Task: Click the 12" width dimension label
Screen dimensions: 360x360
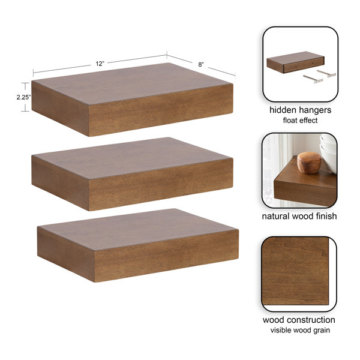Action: [x=100, y=64]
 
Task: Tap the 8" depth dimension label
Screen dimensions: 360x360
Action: [x=201, y=65]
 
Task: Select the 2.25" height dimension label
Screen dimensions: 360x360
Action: [x=23, y=97]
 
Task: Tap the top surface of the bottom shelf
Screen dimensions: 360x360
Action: [x=139, y=229]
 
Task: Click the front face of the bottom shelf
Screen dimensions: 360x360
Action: [x=166, y=256]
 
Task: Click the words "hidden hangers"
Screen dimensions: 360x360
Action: [x=301, y=110]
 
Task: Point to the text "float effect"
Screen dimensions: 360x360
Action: [x=301, y=121]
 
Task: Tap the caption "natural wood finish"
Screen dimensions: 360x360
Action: [x=299, y=216]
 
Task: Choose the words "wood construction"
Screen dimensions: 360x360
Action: [x=299, y=320]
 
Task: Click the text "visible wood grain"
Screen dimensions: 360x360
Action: [x=300, y=330]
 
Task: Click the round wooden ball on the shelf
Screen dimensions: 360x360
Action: [x=309, y=163]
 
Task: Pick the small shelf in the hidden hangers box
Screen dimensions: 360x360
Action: [x=295, y=62]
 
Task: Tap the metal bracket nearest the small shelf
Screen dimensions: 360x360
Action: [x=326, y=73]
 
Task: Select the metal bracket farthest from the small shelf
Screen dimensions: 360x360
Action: [x=313, y=79]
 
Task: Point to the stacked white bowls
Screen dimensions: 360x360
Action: [x=329, y=152]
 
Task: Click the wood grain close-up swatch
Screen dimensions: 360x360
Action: [x=295, y=271]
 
